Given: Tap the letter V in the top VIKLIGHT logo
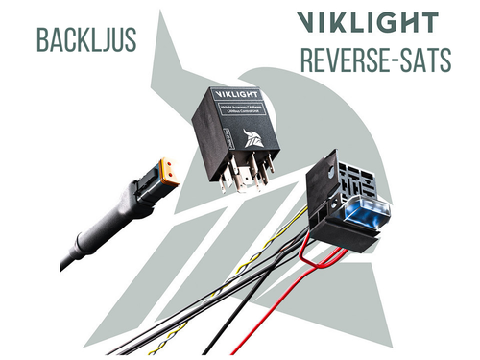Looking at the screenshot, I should (309, 22).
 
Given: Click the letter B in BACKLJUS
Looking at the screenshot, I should (41, 39).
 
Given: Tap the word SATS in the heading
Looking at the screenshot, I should (428, 59).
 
